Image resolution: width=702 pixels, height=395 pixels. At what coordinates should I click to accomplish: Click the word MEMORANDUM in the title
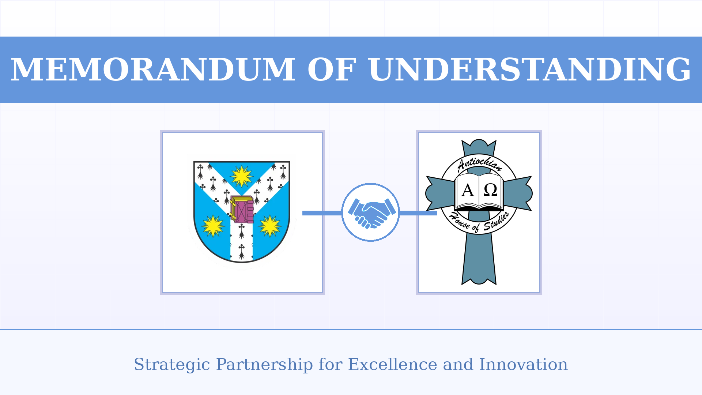153,70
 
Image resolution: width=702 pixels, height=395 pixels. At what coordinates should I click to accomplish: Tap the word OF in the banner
332,70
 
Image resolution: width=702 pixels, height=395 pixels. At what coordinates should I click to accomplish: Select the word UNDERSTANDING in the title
530,70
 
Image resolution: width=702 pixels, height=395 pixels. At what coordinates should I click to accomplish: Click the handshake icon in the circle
371,212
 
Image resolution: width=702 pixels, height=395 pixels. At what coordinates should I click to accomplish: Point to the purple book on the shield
242,210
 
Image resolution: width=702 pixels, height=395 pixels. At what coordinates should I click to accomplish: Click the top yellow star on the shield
242,176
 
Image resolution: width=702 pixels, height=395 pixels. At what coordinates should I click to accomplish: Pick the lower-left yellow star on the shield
213,226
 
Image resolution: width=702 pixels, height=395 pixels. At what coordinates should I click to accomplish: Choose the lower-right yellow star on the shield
270,226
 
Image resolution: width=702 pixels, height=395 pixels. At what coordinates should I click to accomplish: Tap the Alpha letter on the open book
468,190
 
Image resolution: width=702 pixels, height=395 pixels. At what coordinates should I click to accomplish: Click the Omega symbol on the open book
490,190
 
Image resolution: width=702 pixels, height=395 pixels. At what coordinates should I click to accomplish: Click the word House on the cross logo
460,219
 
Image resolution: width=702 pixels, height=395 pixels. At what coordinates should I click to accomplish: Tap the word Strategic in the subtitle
172,365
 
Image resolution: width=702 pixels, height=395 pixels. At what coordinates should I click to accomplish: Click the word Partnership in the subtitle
264,365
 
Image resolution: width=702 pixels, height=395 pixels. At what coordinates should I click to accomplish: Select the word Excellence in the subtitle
392,365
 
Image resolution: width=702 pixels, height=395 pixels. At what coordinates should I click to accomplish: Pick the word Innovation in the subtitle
523,365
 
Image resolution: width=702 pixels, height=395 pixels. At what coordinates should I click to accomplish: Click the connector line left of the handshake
322,213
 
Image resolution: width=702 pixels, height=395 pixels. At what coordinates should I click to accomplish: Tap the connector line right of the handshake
418,213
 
